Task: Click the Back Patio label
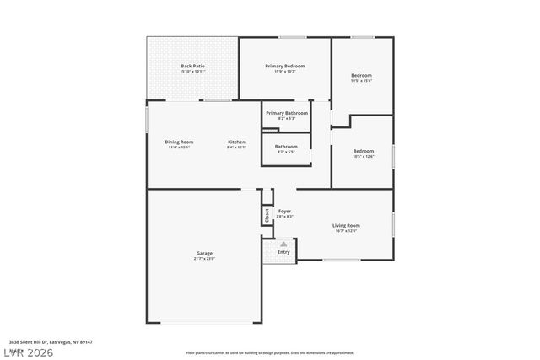tap(192, 66)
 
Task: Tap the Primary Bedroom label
tap(284, 66)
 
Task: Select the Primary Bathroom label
tap(287, 113)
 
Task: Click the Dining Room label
tap(179, 142)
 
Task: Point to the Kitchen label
tap(236, 142)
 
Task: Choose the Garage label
tap(204, 254)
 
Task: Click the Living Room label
tap(346, 225)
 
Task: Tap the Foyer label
tap(284, 211)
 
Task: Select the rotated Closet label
tap(267, 216)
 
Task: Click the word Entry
tap(283, 251)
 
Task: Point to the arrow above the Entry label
tap(283, 244)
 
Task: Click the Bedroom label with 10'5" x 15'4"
tap(361, 76)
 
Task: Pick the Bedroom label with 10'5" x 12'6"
tap(363, 151)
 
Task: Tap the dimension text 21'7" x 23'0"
tap(204, 259)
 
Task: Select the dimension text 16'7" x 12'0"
tap(346, 230)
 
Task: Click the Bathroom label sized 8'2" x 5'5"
tap(286, 147)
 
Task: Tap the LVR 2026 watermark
tap(27, 351)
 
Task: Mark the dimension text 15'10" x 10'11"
tap(192, 71)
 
